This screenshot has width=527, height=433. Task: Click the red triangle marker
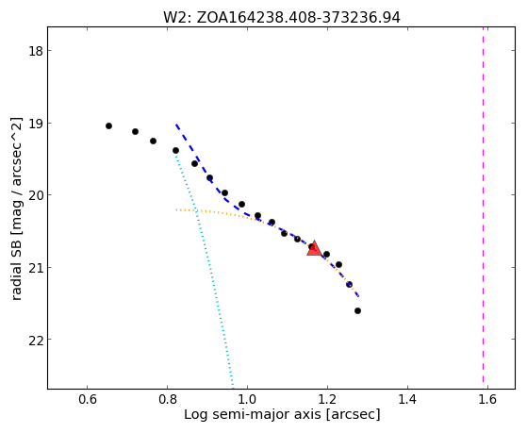(x=314, y=249)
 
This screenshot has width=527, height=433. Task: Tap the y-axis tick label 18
(x=35, y=51)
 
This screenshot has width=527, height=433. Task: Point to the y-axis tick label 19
(x=35, y=124)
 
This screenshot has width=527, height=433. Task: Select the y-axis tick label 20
(x=35, y=195)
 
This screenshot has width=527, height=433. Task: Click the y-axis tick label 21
(x=35, y=268)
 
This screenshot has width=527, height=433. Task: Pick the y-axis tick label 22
(x=35, y=340)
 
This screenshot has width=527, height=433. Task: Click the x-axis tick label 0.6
(x=88, y=399)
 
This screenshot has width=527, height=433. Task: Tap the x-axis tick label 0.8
(x=168, y=399)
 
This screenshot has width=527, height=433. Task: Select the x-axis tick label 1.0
(x=247, y=399)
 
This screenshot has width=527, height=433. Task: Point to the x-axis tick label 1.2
(x=327, y=399)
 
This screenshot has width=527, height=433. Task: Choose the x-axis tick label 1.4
(x=407, y=399)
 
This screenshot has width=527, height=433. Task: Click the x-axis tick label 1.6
(x=487, y=399)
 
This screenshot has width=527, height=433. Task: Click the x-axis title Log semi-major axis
(x=253, y=414)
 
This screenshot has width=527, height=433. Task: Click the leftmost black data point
(x=108, y=125)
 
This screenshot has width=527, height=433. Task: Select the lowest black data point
(x=357, y=311)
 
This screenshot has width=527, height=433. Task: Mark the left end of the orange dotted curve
(x=176, y=210)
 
